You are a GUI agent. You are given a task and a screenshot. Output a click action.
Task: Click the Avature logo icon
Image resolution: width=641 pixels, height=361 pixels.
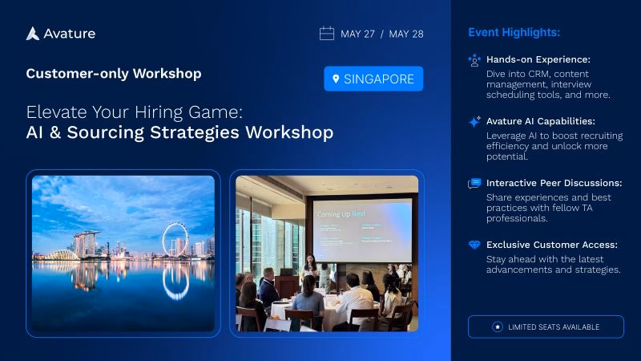click(33, 34)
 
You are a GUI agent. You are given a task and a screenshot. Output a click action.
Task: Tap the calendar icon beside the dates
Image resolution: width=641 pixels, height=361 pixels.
click(327, 34)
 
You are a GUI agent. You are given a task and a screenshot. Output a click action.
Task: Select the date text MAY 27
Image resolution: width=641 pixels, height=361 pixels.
click(357, 34)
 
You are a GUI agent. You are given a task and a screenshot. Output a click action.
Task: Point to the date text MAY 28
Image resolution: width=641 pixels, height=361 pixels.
click(408, 34)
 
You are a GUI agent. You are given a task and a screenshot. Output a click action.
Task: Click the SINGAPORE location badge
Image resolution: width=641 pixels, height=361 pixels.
click(373, 79)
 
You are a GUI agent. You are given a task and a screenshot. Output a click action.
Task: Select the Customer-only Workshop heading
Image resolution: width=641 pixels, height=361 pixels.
click(114, 74)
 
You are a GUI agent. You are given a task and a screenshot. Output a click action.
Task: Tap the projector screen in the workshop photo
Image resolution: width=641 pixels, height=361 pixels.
click(363, 229)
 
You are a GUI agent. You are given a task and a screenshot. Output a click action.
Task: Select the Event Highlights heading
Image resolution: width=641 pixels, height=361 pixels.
click(514, 33)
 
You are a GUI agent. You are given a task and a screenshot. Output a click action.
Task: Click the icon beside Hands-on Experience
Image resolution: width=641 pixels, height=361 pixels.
click(474, 60)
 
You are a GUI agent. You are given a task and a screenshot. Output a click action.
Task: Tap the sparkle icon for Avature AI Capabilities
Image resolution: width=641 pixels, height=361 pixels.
click(474, 122)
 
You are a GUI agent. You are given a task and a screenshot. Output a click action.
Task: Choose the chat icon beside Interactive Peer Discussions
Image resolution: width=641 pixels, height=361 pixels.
click(474, 184)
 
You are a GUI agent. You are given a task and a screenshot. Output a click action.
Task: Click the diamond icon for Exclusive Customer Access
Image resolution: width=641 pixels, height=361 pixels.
click(474, 245)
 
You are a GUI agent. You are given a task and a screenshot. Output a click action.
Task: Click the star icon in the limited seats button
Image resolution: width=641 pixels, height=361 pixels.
click(498, 327)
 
